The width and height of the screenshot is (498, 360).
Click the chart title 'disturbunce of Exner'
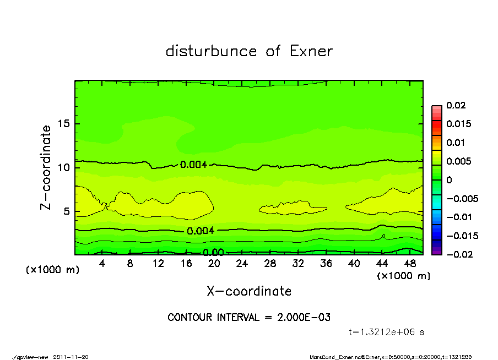[249, 51]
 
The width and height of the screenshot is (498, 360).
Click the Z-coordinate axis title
[46, 167]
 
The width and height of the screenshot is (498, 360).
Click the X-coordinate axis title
[249, 291]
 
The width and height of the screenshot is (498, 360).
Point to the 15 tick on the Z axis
[63, 124]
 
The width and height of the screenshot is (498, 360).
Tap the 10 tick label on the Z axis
[63, 167]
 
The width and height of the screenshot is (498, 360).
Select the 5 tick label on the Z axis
[66, 211]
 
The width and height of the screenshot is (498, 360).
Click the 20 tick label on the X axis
[214, 264]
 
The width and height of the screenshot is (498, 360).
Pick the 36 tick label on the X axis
[326, 264]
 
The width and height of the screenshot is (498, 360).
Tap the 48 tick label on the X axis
[409, 264]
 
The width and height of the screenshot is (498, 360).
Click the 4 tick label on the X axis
[102, 264]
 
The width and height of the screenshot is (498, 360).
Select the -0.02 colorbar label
[458, 254]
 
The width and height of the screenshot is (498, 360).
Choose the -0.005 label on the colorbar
[462, 198]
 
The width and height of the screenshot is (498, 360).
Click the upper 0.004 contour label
[193, 164]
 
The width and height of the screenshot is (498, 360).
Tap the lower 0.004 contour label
[201, 231]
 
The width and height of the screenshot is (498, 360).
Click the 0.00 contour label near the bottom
[213, 253]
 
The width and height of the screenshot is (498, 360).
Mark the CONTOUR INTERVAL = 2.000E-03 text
[249, 318]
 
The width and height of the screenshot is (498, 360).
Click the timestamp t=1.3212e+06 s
[387, 332]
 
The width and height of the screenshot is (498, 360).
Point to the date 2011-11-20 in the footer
[71, 357]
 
